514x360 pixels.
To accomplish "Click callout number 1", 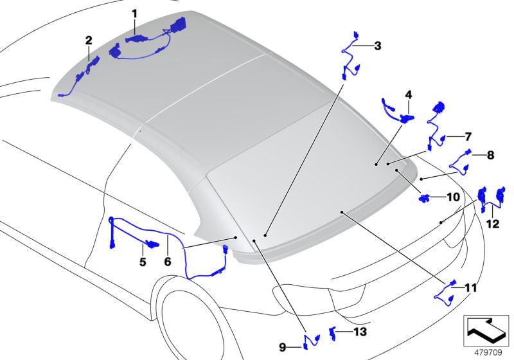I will pos(134,13).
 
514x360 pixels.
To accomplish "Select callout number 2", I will pos(89,40).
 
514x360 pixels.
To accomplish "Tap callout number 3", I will pos(377,46).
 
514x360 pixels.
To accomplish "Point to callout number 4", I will pos(408,94).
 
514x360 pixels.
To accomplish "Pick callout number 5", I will pos(143,262).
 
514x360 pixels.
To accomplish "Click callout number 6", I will pos(167,262).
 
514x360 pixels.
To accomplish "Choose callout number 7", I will pos(468,136).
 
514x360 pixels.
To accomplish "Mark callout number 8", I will pos(490,155).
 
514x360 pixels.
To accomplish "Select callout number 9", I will pos(282,347).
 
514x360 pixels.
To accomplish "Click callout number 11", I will pos(471,288).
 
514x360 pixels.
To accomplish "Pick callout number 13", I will pos(360,332).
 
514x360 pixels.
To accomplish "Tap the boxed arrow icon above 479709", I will pos(486,330).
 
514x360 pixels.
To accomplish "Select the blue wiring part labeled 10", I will pos(425,198).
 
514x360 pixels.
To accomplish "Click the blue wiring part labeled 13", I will pos(333,332).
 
